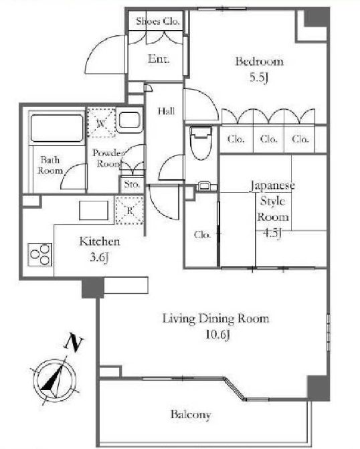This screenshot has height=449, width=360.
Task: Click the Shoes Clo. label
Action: tap(158, 21)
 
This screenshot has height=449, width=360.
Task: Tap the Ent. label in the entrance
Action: tap(159, 59)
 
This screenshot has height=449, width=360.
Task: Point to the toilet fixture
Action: tap(201, 143)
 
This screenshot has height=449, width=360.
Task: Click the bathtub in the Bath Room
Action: tap(57, 128)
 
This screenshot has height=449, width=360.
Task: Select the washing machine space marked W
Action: tap(101, 122)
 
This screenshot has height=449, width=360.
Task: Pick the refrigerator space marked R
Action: tap(129, 211)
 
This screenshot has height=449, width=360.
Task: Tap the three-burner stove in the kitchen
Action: tap(40, 254)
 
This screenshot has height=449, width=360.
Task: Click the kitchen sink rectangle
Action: tap(94, 211)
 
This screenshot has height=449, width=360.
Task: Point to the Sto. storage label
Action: tap(132, 184)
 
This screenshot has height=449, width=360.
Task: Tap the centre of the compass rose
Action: tap(54, 381)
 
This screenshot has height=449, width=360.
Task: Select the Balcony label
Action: tap(191, 414)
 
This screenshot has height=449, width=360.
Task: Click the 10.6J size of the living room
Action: tap(217, 334)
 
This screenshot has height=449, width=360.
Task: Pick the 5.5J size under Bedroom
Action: tap(259, 78)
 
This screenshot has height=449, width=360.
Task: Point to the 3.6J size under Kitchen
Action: tap(99, 258)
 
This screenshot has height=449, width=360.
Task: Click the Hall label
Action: tap(167, 111)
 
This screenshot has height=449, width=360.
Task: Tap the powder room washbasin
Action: tap(129, 120)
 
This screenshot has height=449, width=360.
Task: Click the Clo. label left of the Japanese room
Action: tap(202, 234)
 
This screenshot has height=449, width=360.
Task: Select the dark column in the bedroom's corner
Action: tap(316, 17)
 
